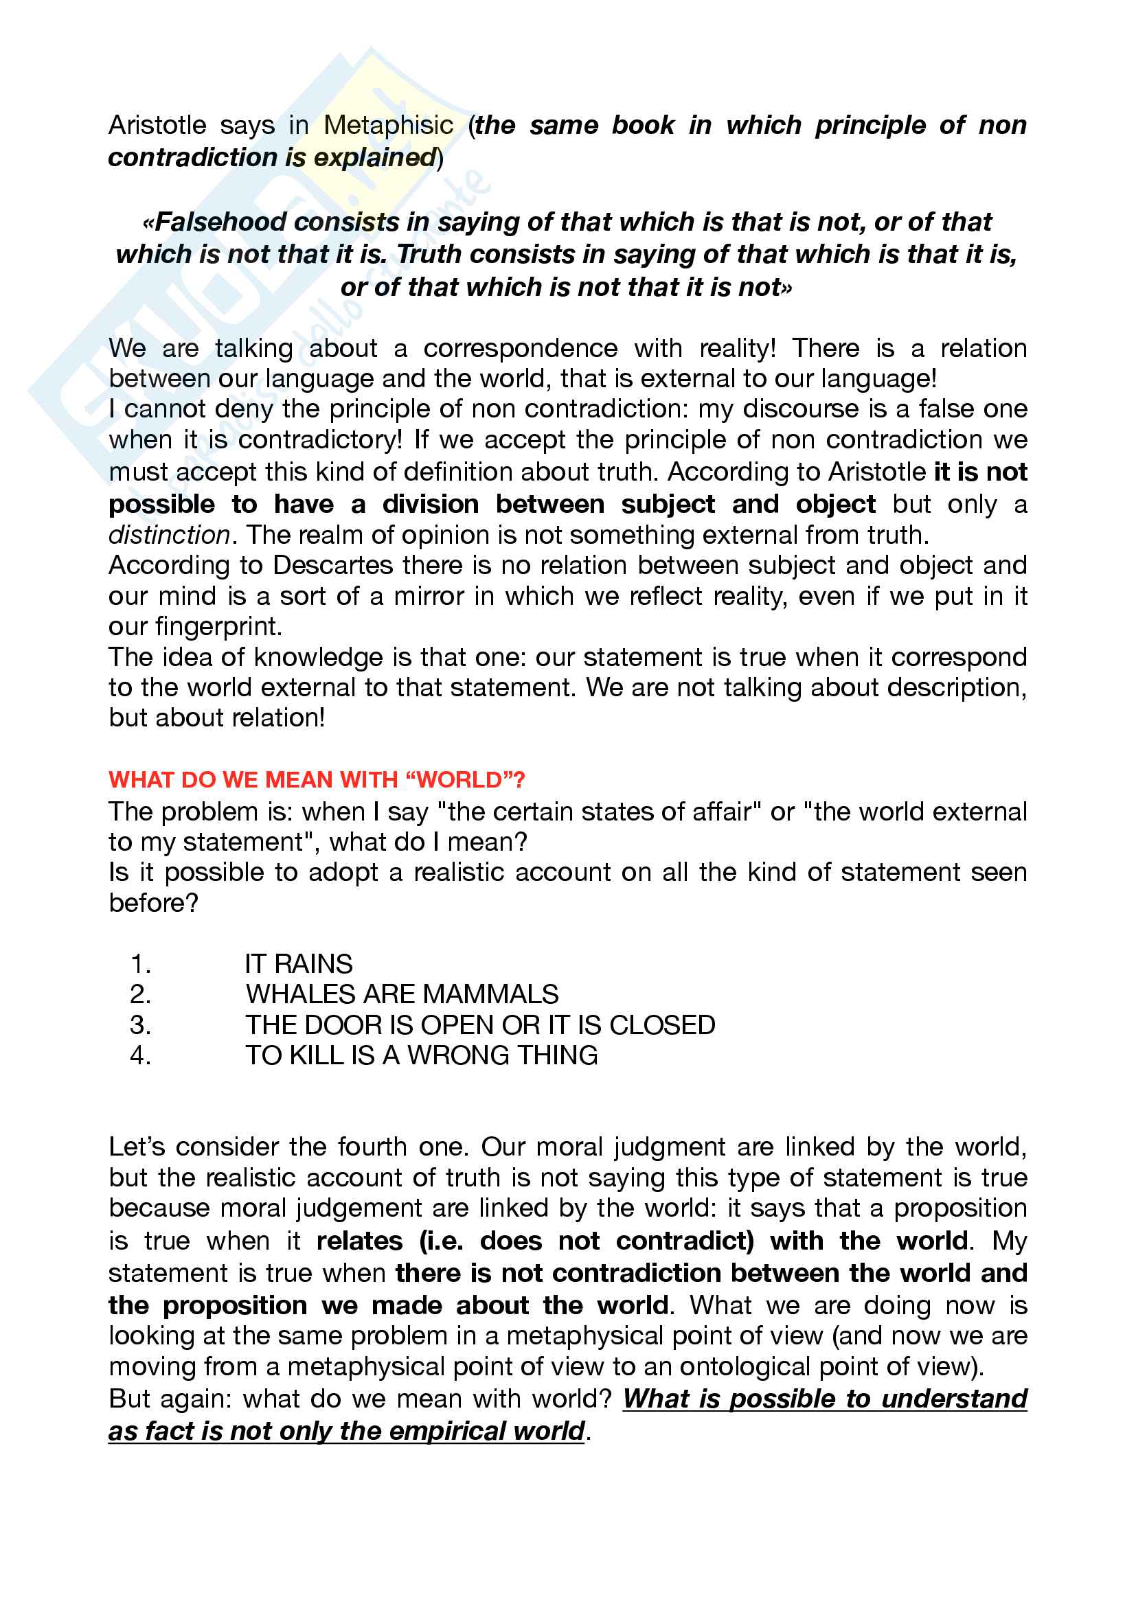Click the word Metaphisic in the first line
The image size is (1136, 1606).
[x=388, y=125]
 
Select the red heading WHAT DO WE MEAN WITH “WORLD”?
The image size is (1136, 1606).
[x=317, y=779]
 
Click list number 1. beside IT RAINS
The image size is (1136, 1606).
[x=141, y=964]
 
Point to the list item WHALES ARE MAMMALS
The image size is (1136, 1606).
[x=402, y=994]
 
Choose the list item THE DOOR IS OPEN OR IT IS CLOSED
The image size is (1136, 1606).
[x=480, y=1024]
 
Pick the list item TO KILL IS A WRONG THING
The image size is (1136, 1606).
[x=421, y=1055]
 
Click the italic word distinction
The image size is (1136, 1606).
[x=169, y=535]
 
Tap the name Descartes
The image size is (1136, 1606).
[x=328, y=565]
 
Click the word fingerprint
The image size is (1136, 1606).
[x=218, y=626]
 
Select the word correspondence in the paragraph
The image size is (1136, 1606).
[x=521, y=348]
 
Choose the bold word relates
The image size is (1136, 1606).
[x=359, y=1241]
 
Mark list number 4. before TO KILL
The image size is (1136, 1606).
[x=141, y=1055]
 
